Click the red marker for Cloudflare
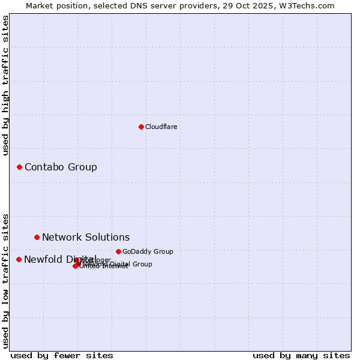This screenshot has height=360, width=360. coord(141,127)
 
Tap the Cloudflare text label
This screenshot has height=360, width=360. coord(161,127)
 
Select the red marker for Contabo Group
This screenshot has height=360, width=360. coord(19,167)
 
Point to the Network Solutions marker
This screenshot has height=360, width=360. coord(37,237)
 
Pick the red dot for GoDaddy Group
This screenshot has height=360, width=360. coord(118,251)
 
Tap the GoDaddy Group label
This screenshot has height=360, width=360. coord(148,252)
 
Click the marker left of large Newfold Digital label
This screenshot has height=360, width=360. coord(19,259)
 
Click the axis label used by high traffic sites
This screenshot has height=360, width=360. coord(6,86)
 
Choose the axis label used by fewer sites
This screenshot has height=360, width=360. coord(62,355)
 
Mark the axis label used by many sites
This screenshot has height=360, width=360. coord(301,355)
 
